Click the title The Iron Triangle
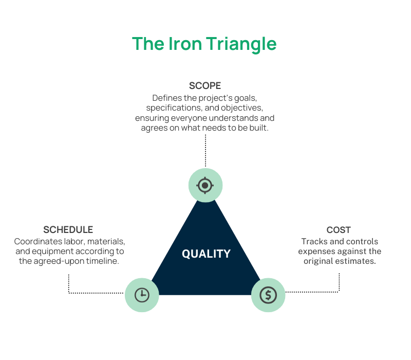pyautogui.click(x=204, y=44)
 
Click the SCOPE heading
pyautogui.click(x=205, y=85)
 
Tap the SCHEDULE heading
pyautogui.click(x=68, y=229)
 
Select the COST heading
pyautogui.click(x=339, y=230)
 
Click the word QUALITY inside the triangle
pyautogui.click(x=206, y=254)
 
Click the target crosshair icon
pyautogui.click(x=205, y=185)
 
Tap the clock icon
pyautogui.click(x=142, y=295)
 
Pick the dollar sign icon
pyautogui.click(x=268, y=295)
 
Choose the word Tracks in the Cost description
pyautogui.click(x=313, y=241)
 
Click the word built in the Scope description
pyautogui.click(x=258, y=128)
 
